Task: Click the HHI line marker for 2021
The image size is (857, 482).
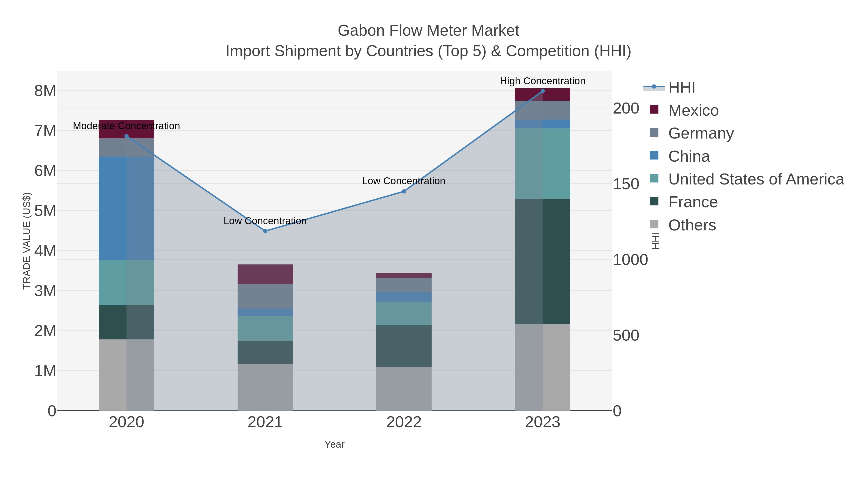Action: click(265, 231)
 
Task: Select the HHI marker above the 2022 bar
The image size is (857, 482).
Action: click(404, 191)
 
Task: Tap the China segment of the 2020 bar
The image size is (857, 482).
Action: click(126, 208)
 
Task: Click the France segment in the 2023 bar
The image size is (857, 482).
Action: click(543, 261)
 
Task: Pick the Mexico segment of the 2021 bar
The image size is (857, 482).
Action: click(265, 274)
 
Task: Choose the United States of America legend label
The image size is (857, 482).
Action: click(756, 179)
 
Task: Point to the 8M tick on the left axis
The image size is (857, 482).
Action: click(45, 91)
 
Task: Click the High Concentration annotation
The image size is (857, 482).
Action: click(542, 81)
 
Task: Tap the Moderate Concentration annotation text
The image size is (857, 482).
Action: click(126, 126)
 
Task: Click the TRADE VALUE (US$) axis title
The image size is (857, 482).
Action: click(27, 241)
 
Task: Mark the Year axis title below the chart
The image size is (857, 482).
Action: click(334, 444)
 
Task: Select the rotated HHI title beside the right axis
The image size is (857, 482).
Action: click(655, 241)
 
